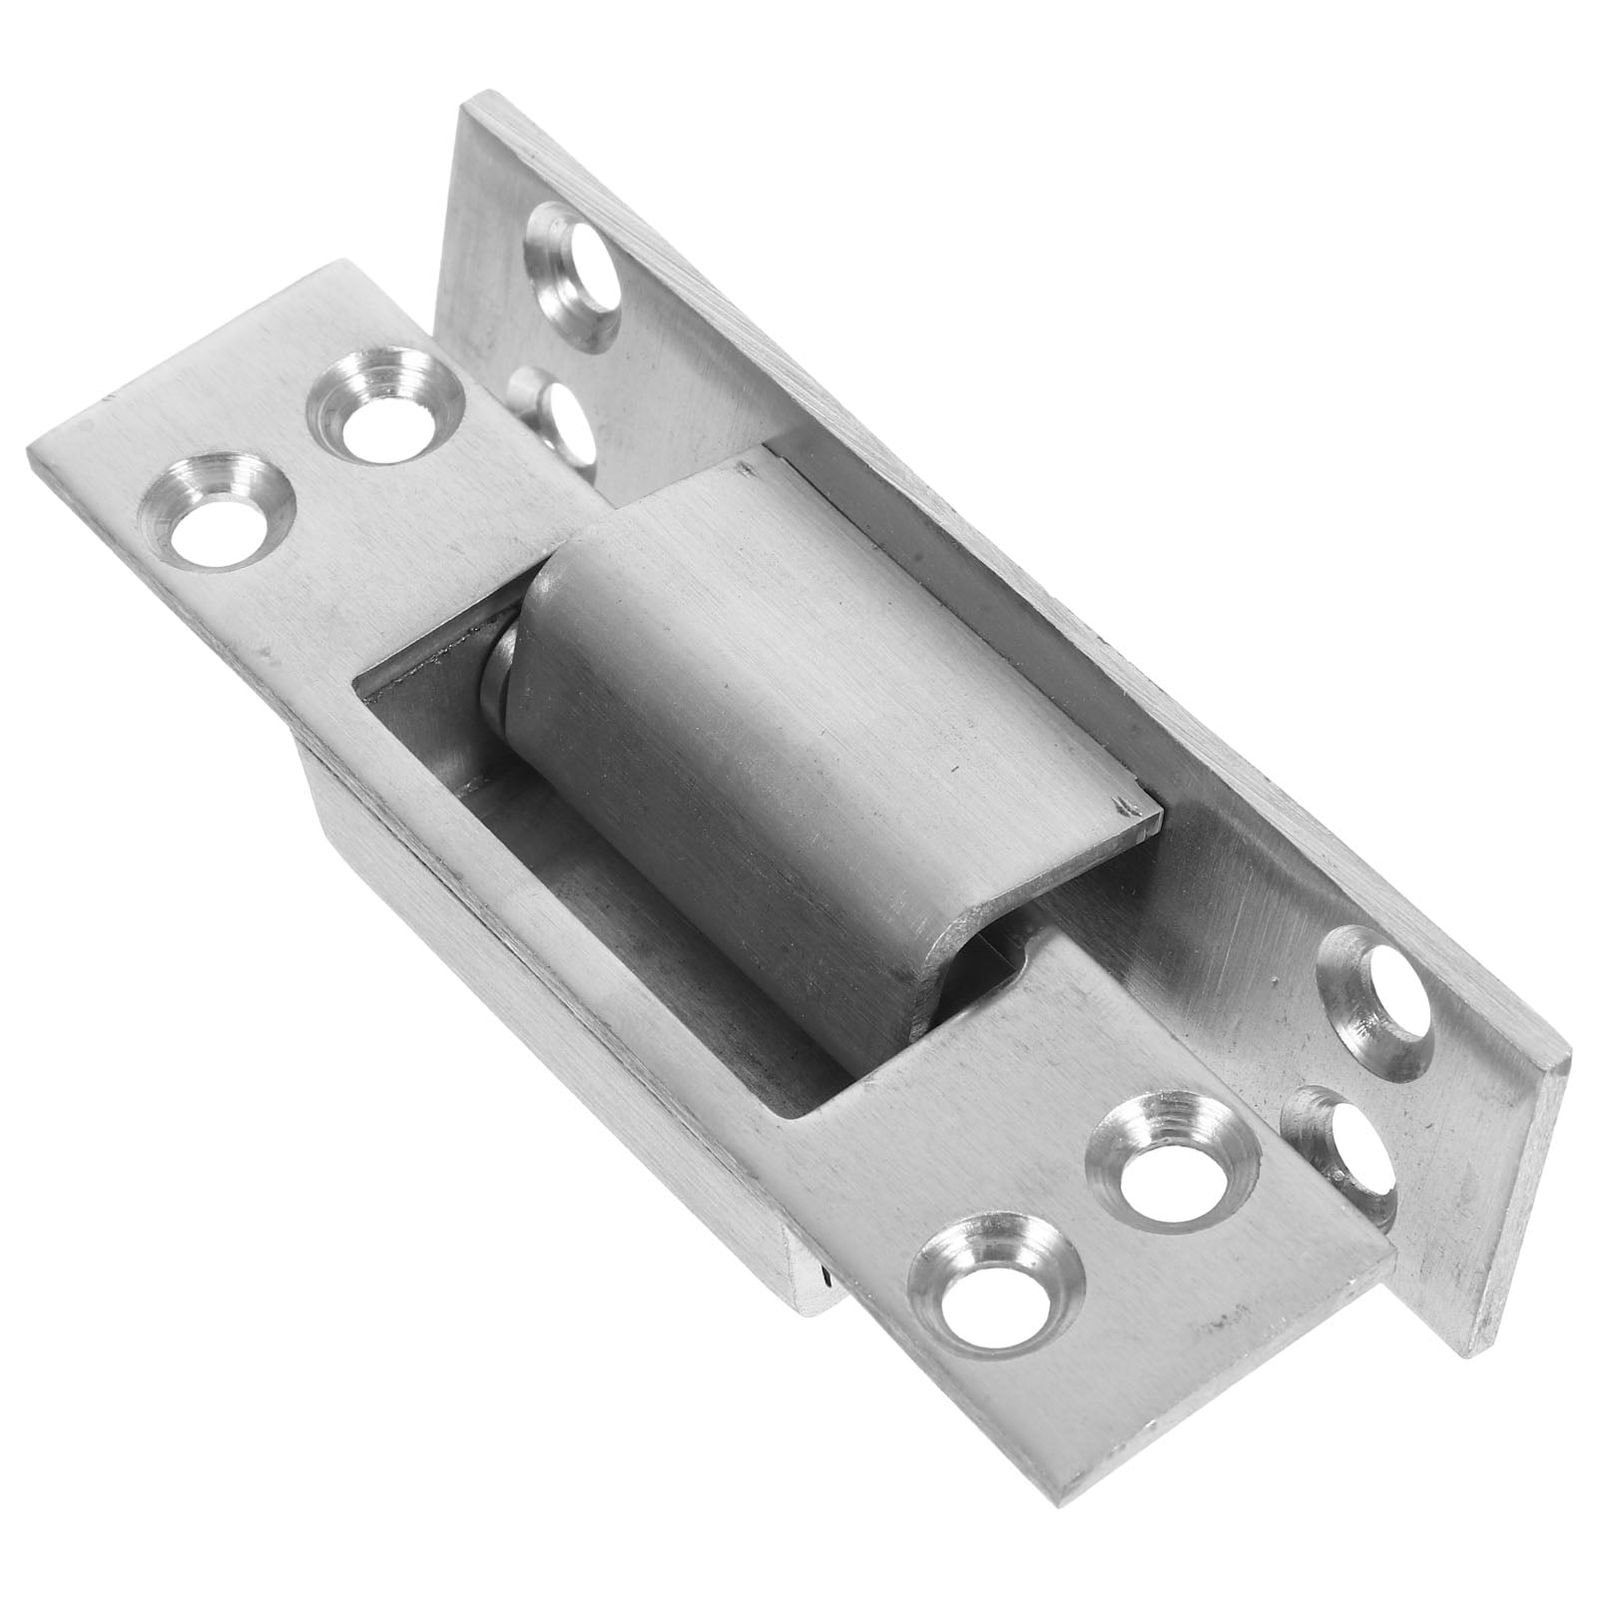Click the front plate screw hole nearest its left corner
click(222, 511)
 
